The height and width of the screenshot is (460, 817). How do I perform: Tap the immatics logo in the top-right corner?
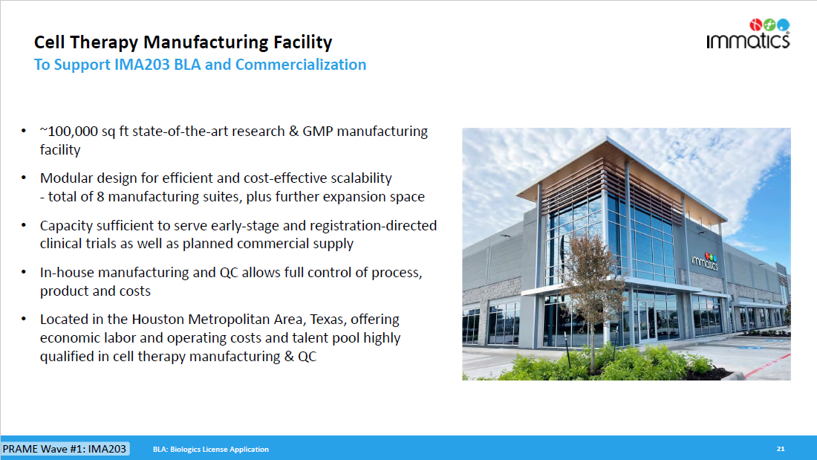748,34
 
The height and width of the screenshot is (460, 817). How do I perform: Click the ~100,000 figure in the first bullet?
69,132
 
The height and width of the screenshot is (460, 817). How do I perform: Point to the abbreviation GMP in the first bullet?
317,132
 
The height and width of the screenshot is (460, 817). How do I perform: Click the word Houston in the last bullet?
158,320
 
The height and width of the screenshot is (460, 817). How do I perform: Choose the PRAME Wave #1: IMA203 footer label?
65,449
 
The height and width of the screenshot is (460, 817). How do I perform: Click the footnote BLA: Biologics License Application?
211,450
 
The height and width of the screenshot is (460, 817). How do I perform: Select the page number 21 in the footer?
781,449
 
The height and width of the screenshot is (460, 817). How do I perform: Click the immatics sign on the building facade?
705,260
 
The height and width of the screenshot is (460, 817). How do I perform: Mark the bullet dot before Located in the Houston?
24,319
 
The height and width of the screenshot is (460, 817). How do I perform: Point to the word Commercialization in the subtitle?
301,65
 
